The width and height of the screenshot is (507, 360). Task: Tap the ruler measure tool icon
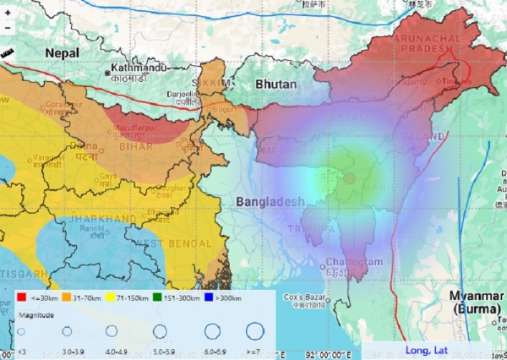[8, 52]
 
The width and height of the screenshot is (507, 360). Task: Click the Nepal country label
[63, 52]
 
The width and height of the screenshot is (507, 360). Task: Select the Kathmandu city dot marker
[108, 73]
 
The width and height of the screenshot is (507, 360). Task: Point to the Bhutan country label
[275, 85]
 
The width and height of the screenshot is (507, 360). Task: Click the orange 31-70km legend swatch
[67, 297]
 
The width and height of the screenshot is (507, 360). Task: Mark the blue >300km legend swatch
[212, 297]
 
